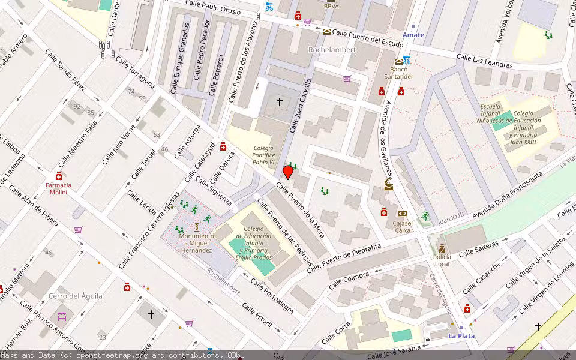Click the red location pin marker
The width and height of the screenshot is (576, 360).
pyautogui.click(x=288, y=172)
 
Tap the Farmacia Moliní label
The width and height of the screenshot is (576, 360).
pyautogui.click(x=58, y=188)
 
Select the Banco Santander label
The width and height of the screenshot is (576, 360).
pyautogui.click(x=398, y=73)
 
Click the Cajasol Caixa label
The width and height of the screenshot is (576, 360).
pyautogui.click(x=402, y=226)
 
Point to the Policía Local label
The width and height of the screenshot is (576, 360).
pyautogui.click(x=442, y=260)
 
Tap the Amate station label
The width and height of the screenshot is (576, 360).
pyautogui.click(x=413, y=35)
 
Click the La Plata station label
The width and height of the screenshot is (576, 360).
pyautogui.click(x=461, y=336)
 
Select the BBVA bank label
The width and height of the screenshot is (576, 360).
pyautogui.click(x=331, y=7)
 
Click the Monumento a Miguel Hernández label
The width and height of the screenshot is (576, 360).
pyautogui.click(x=196, y=243)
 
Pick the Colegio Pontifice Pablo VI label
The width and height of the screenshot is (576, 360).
pyautogui.click(x=263, y=155)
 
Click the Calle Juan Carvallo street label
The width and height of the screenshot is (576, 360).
pyautogui.click(x=301, y=105)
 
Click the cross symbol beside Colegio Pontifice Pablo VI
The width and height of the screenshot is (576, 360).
pyautogui.click(x=279, y=102)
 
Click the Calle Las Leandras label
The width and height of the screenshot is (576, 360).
pyautogui.click(x=484, y=61)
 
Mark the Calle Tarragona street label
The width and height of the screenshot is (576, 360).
pyautogui.click(x=135, y=71)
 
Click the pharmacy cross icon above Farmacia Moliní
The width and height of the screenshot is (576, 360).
pyautogui.click(x=59, y=176)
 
